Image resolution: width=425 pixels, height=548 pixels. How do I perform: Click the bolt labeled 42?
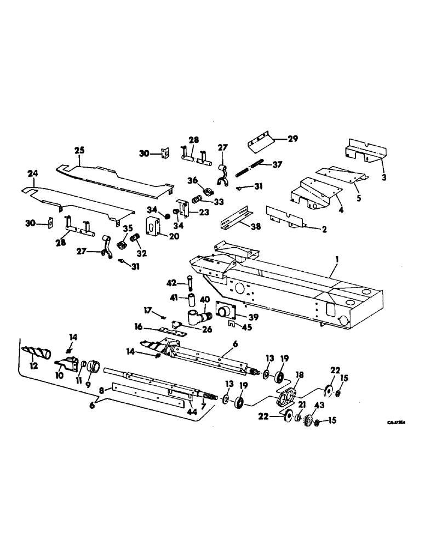pyautogui.click(x=189, y=284)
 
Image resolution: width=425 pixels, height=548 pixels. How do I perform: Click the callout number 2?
pyautogui.click(x=324, y=230)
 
